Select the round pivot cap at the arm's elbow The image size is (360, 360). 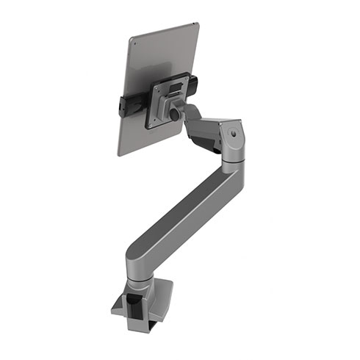pos(233,135)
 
